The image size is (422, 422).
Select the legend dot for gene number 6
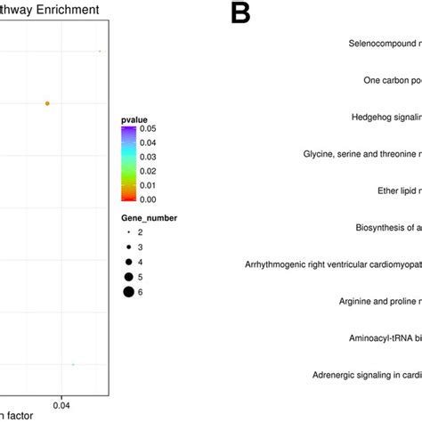coord(129,291)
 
